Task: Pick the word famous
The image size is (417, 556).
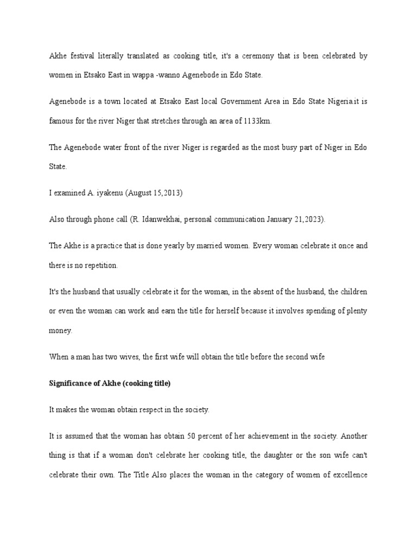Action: [61, 121]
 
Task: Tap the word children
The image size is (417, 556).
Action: [352, 292]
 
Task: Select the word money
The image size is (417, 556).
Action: [60, 330]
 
